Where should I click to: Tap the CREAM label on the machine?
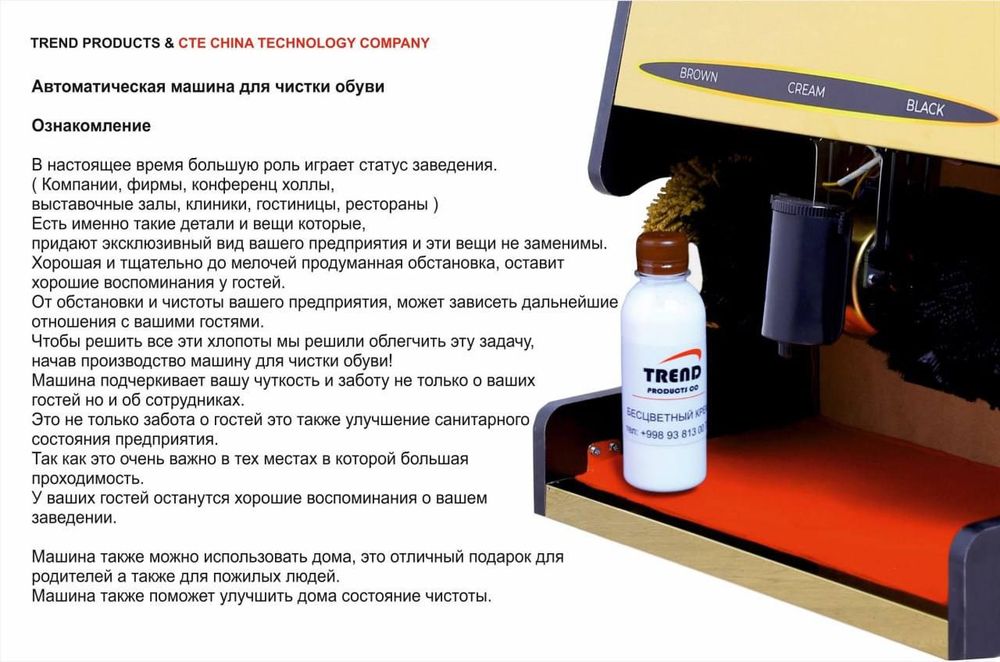pos(806,89)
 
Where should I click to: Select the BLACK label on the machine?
pos(924,107)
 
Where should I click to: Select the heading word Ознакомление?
pos(91,126)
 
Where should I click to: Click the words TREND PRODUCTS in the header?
pos(95,43)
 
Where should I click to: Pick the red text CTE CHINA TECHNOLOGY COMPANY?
pos(304,43)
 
